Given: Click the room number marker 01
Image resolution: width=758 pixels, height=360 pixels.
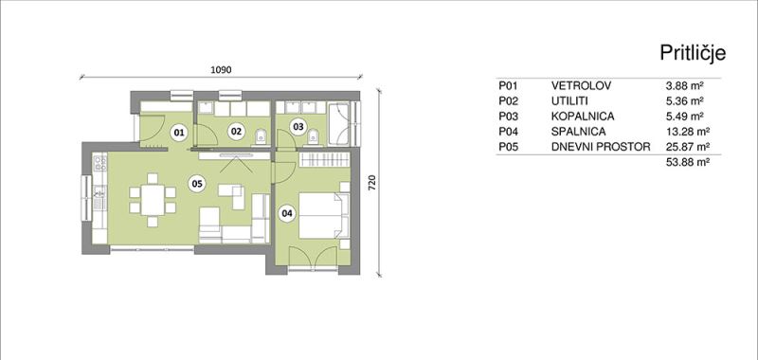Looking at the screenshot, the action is click(x=179, y=133).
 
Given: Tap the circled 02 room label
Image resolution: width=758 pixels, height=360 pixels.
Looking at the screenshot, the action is click(x=235, y=131).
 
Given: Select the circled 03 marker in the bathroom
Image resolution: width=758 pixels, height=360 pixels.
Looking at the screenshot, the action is click(x=298, y=127).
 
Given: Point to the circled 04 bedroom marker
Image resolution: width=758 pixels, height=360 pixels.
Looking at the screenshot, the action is click(x=287, y=213).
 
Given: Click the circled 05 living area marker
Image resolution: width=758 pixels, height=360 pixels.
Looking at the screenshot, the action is click(x=197, y=183).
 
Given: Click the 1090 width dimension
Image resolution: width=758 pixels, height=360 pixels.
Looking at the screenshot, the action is click(x=222, y=69).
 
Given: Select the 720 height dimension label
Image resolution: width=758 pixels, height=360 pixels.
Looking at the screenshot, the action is click(x=371, y=184).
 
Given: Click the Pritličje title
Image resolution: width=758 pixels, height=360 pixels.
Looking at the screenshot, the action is click(x=693, y=53).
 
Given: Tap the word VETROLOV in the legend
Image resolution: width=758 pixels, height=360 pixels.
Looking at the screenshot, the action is click(x=581, y=86).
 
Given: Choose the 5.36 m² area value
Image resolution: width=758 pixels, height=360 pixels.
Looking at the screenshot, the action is click(x=684, y=101).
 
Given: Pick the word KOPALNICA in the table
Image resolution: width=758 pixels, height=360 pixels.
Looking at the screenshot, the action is click(x=583, y=117).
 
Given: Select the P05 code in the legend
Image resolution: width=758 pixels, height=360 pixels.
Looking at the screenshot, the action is click(x=508, y=147).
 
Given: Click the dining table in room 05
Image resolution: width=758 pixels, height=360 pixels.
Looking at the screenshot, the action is click(x=153, y=200).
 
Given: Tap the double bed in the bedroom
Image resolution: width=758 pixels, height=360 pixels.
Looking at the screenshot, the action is click(x=323, y=215).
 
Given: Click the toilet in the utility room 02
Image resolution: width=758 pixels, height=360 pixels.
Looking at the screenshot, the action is click(x=260, y=136).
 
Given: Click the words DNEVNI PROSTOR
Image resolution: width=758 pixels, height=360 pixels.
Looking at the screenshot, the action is click(x=601, y=147).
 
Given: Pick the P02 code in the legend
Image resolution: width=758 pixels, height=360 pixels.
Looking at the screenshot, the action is click(x=508, y=101).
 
